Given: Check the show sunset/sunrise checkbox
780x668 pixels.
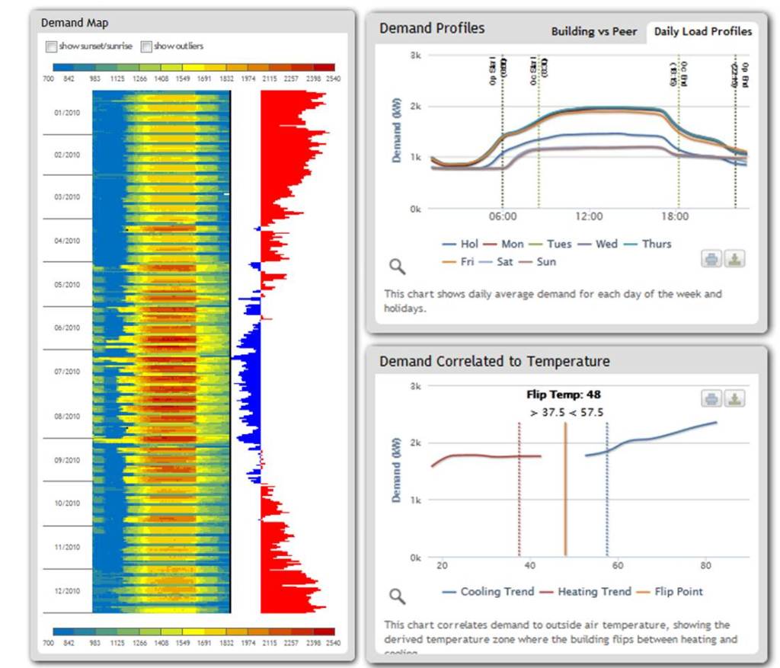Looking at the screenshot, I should [51, 46].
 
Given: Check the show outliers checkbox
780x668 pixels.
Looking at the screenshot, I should [146, 46].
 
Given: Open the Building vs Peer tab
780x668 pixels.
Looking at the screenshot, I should [594, 31].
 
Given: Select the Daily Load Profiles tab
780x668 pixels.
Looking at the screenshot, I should [702, 31].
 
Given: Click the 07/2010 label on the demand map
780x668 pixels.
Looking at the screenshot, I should [66, 372].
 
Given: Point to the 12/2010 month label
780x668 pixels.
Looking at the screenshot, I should [66, 591].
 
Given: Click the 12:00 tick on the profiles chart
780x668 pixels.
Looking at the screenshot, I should [589, 216].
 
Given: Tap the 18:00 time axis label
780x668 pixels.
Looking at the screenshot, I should [675, 216].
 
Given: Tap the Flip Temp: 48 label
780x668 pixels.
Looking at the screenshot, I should [564, 395].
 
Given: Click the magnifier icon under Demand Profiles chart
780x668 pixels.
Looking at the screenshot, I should [397, 266].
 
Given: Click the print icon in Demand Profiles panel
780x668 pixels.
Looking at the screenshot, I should [711, 259].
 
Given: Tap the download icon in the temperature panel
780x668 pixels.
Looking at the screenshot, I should [734, 399].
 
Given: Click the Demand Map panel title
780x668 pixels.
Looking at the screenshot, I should [75, 23].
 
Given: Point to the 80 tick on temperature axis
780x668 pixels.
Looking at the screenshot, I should [705, 566].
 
